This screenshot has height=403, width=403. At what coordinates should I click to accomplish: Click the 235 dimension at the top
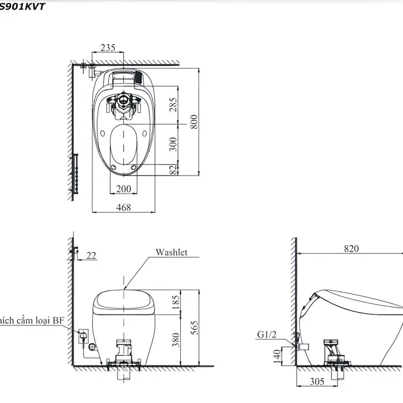pos(108,48)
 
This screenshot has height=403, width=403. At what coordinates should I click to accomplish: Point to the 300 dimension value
pos(173,144)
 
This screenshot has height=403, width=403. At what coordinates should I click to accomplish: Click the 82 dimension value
pos(173,169)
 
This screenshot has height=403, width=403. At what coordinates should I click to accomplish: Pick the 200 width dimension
pos(123,189)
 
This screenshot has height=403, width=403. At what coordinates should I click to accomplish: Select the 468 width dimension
pos(123,207)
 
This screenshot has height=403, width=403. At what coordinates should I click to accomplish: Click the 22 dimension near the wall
pos(91,256)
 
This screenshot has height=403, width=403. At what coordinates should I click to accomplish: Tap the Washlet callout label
pos(171,253)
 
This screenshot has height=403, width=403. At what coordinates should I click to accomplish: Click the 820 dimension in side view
pos(351,249)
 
